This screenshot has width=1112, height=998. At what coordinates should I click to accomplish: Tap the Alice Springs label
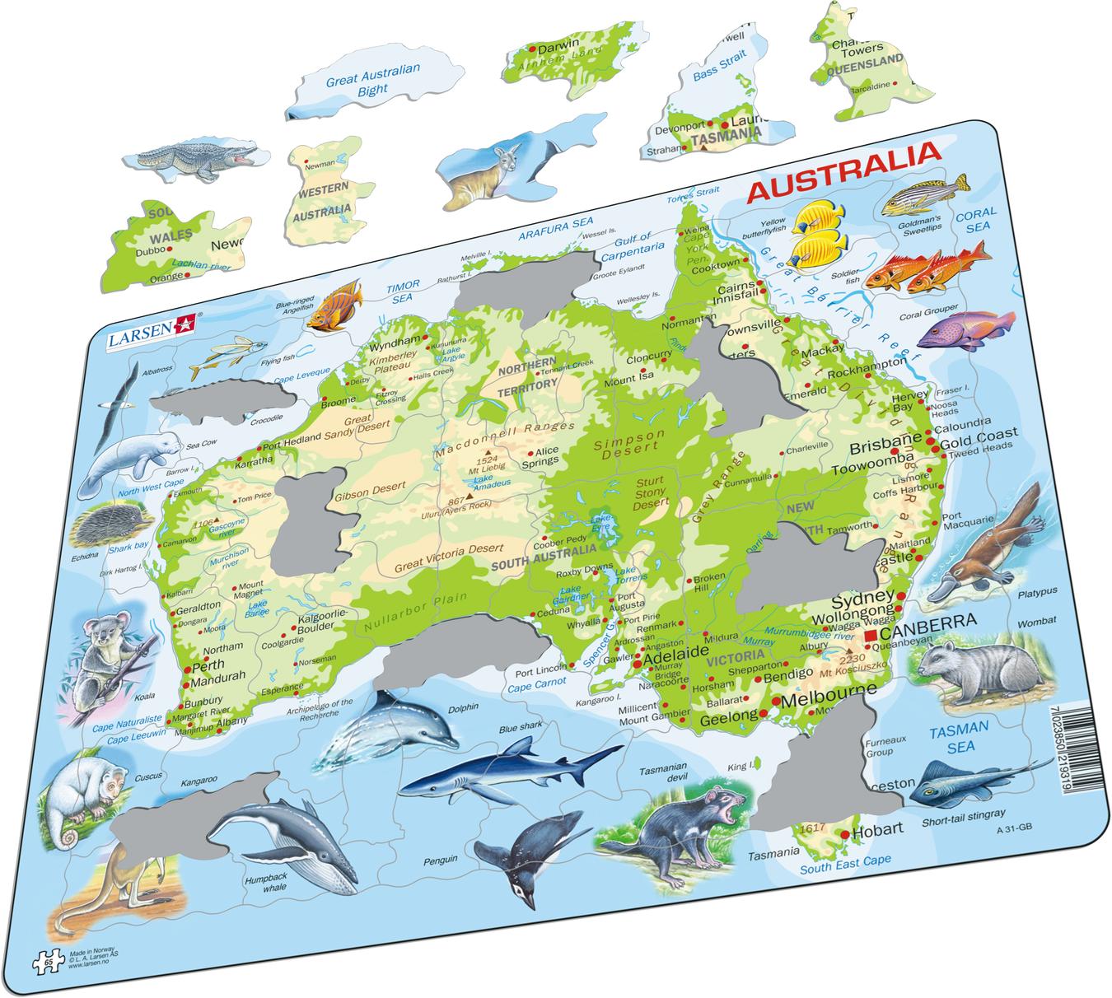pyautogui.click(x=544, y=456)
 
